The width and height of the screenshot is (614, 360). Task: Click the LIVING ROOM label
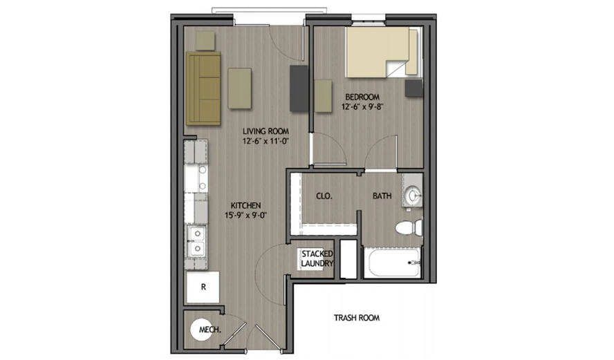265,131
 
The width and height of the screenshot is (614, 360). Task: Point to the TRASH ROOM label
357,319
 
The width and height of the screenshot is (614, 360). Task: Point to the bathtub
391,264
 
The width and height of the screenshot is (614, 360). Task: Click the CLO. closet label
324,196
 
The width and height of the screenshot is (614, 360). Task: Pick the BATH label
382,196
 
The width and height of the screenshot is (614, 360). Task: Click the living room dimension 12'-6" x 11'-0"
265,141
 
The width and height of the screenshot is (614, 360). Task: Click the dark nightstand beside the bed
413,88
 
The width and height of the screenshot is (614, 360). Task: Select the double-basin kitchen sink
196,241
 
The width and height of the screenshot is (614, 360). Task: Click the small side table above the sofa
205,40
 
